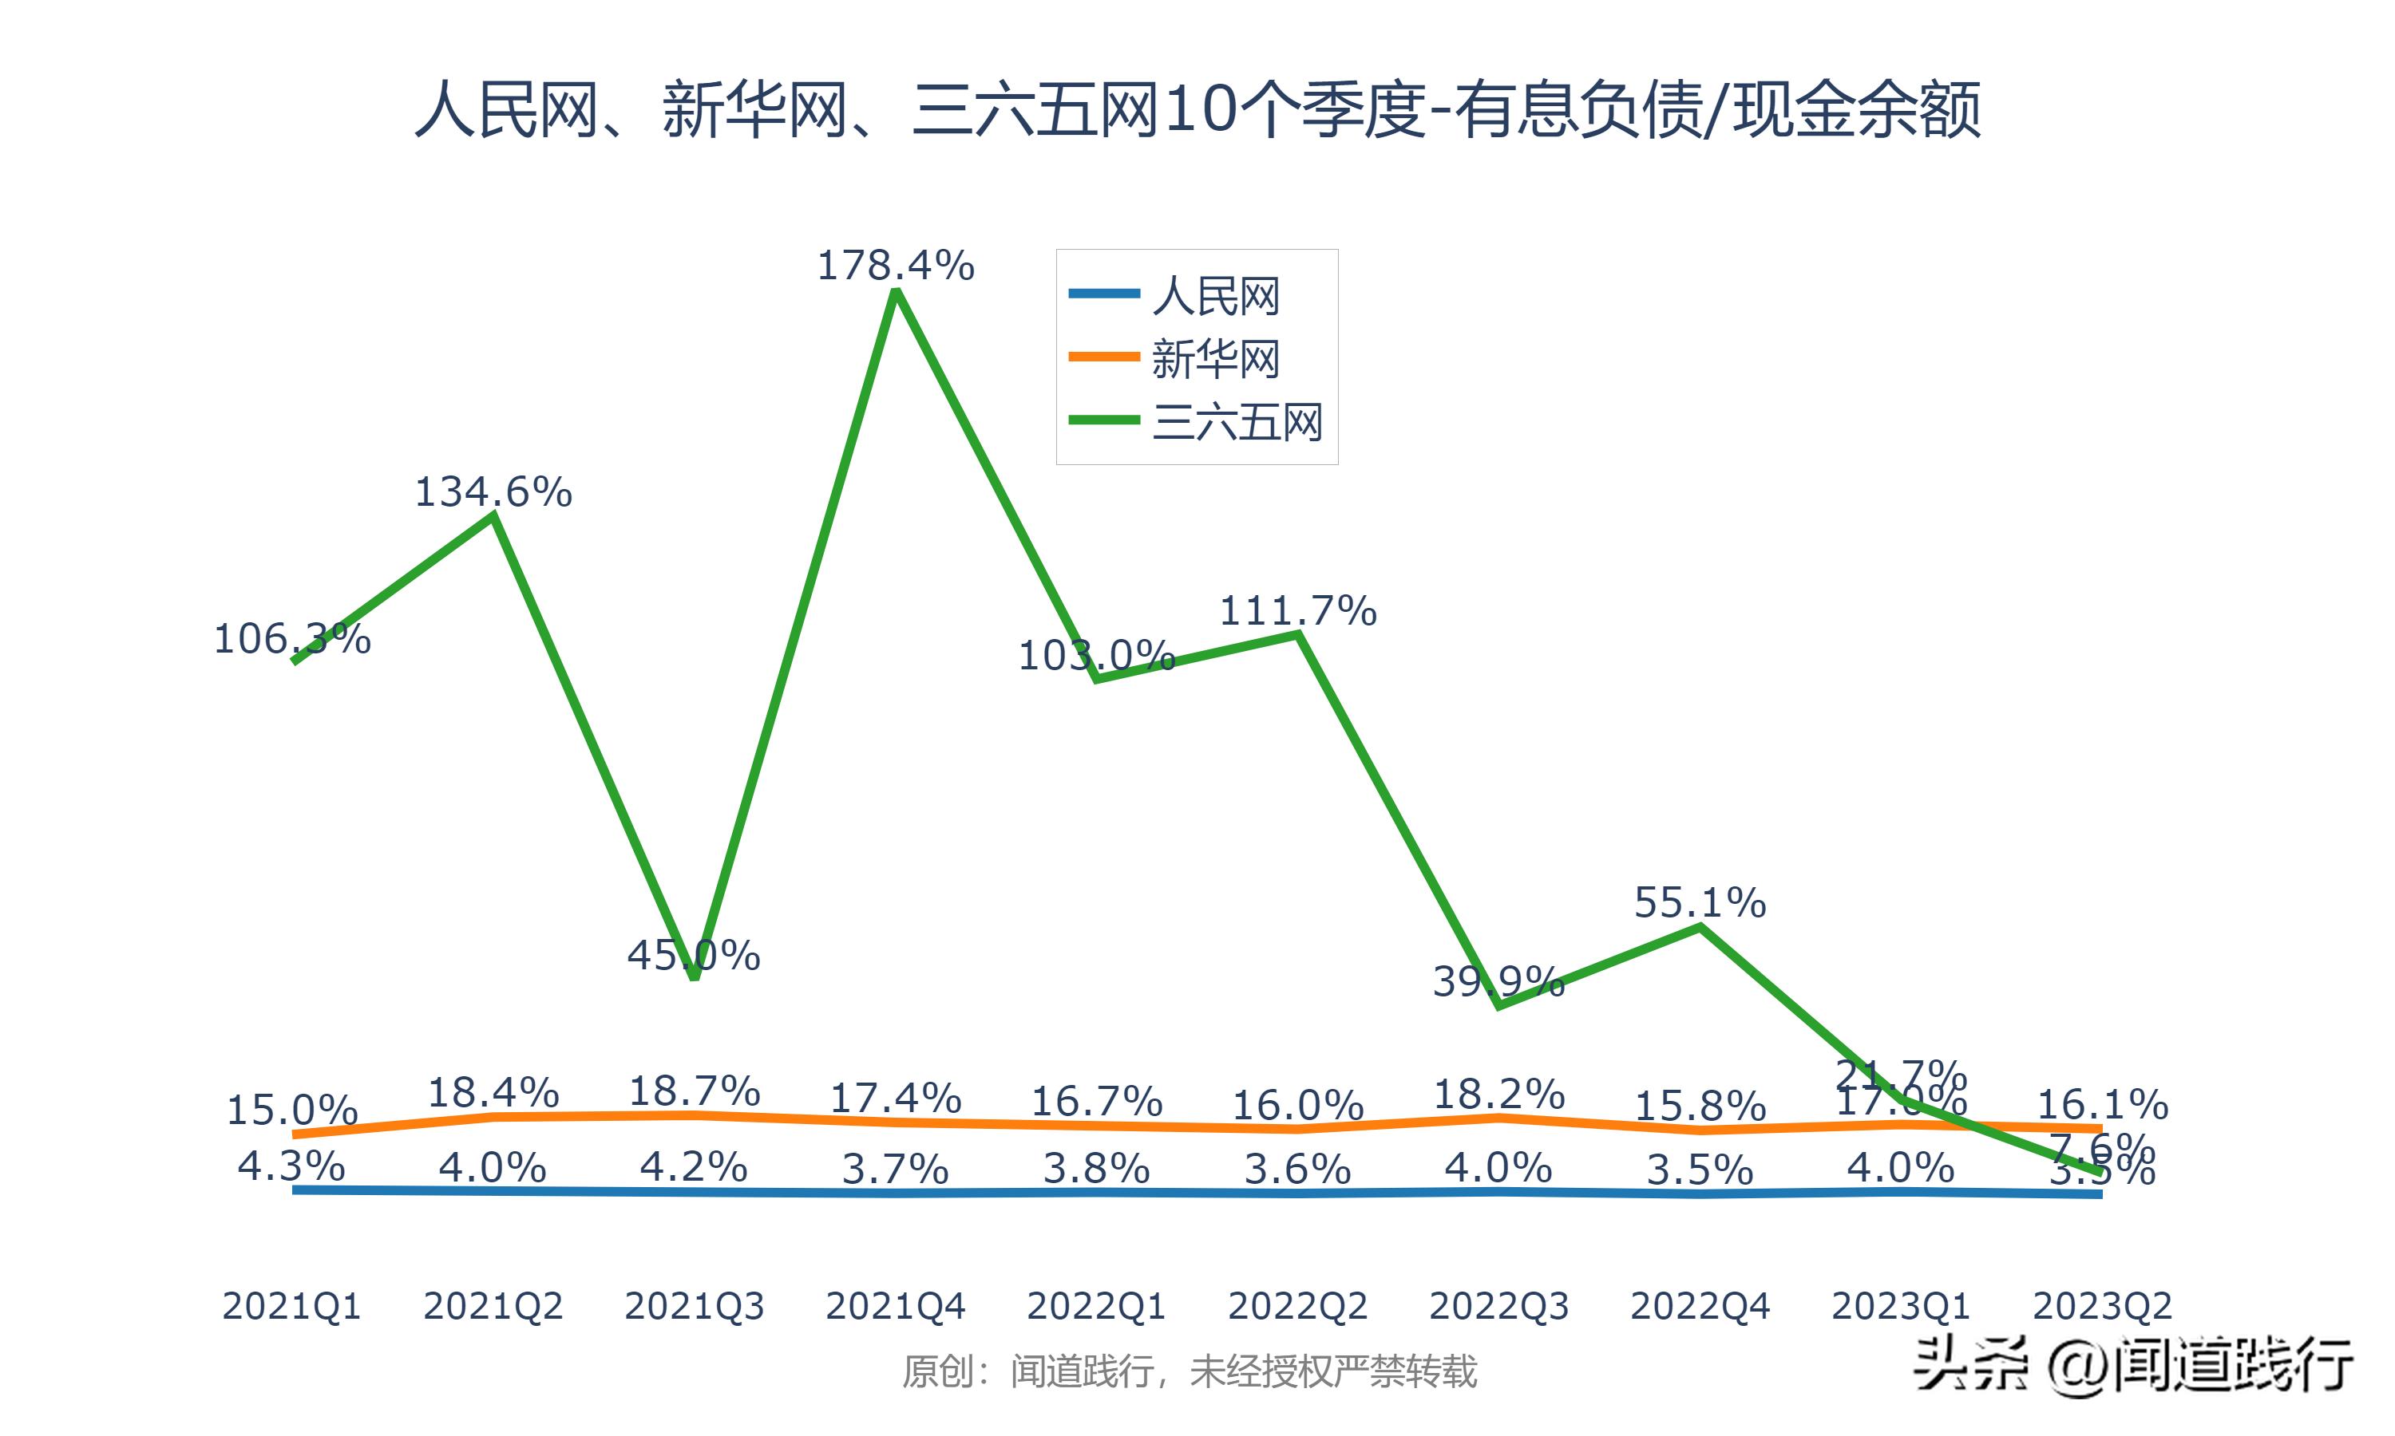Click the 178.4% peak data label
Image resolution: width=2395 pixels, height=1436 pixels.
tap(896, 265)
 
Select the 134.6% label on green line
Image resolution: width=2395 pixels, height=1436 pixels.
tap(493, 492)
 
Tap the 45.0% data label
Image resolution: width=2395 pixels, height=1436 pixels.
tap(693, 956)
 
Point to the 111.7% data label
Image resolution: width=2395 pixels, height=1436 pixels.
tap(1297, 612)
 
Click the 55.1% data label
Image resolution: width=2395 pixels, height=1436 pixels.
tap(1700, 903)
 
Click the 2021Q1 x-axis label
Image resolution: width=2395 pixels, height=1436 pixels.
tap(291, 1306)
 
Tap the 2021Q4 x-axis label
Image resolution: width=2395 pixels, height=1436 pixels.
tap(896, 1306)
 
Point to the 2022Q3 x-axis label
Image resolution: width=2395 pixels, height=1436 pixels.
tap(1498, 1306)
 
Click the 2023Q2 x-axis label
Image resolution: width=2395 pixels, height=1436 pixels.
tap(2102, 1306)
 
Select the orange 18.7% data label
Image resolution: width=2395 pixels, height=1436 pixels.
tap(693, 1091)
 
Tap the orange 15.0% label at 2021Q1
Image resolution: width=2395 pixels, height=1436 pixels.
tap(291, 1110)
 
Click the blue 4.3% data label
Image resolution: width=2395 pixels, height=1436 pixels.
tap(291, 1166)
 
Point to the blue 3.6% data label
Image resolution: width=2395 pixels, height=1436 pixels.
tap(1297, 1170)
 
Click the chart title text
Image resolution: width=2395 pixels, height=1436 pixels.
tap(1197, 110)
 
